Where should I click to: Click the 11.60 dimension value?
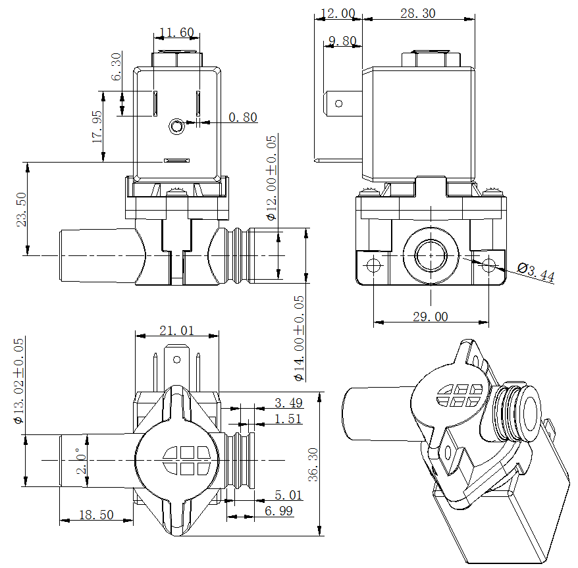[177, 32]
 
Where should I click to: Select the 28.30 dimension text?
[417, 13]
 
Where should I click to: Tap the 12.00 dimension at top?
[338, 13]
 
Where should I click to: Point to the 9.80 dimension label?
[342, 41]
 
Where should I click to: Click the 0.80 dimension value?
[243, 118]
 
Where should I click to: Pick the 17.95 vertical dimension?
[97, 127]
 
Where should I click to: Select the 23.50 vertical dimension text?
[22, 209]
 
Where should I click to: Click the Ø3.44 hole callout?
[536, 272]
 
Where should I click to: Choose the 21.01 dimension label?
[177, 330]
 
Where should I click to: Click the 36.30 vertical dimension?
[313, 465]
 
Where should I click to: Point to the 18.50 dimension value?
[96, 515]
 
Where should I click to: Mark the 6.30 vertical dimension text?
[117, 66]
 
